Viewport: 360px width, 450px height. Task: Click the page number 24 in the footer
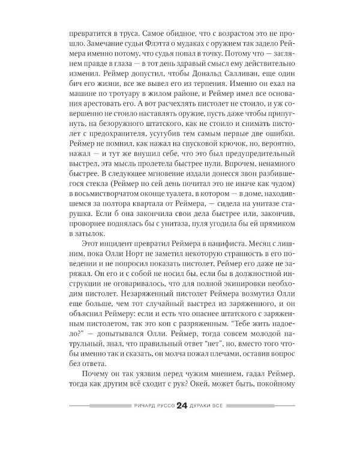182,406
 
